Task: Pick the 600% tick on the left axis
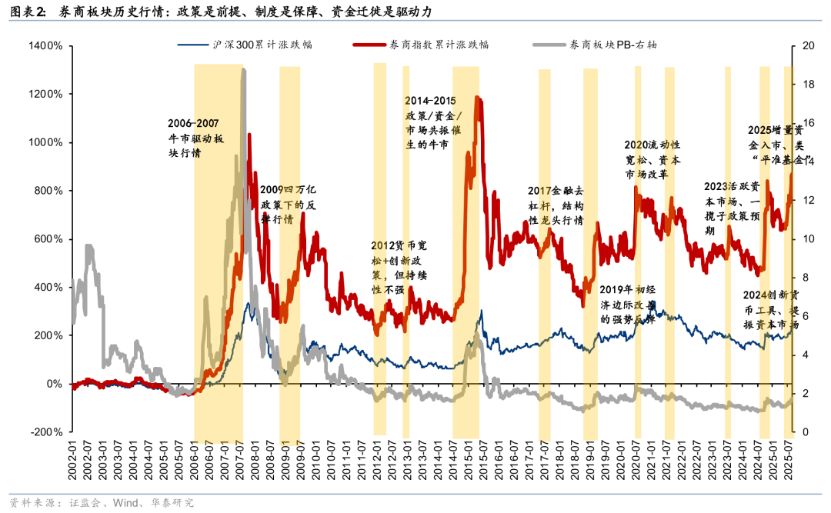pos(48,239)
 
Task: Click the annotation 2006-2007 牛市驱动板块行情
pos(196,137)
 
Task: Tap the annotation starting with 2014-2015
pos(432,122)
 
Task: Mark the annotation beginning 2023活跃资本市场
pos(733,208)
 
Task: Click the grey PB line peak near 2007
pos(244,71)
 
